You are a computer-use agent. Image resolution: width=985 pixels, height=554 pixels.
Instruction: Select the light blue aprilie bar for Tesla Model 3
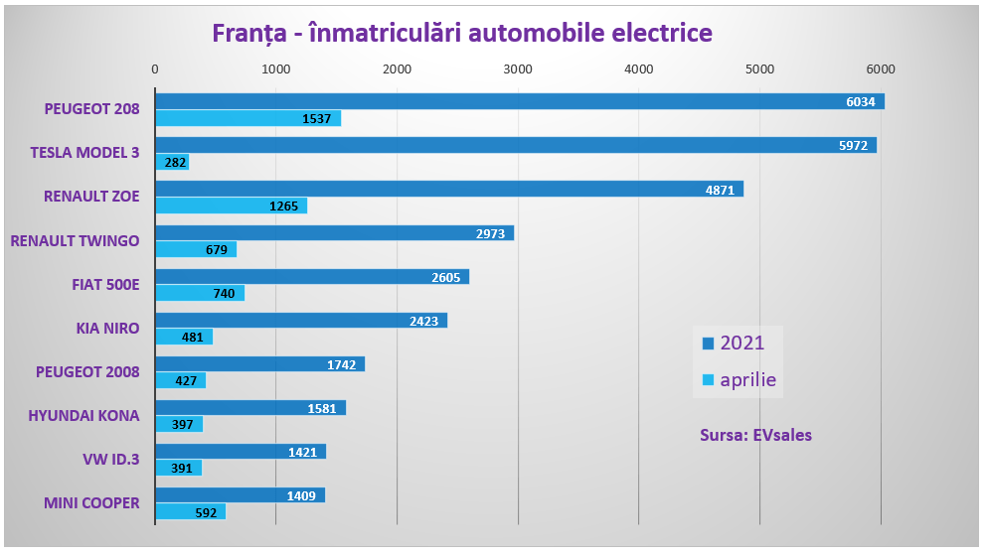click(171, 162)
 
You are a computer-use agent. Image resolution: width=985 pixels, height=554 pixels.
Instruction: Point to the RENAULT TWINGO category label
click(75, 240)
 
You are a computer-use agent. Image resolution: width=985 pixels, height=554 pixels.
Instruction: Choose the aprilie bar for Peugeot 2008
click(180, 380)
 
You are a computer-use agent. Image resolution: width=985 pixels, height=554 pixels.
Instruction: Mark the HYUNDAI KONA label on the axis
click(83, 415)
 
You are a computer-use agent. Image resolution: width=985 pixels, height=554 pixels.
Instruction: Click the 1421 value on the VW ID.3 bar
click(302, 452)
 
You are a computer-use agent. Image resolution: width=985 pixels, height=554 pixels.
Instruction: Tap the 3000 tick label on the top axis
click(517, 69)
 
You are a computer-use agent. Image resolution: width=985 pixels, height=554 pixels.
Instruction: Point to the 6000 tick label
click(880, 69)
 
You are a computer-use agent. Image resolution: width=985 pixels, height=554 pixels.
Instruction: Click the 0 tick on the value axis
click(155, 69)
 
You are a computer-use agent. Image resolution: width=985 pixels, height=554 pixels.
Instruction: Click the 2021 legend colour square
click(709, 344)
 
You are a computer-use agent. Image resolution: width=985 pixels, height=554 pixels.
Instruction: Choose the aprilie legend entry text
click(748, 379)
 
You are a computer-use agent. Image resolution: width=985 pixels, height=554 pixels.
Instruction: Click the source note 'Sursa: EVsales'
click(755, 435)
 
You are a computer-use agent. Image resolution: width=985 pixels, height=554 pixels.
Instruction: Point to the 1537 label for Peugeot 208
click(317, 118)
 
